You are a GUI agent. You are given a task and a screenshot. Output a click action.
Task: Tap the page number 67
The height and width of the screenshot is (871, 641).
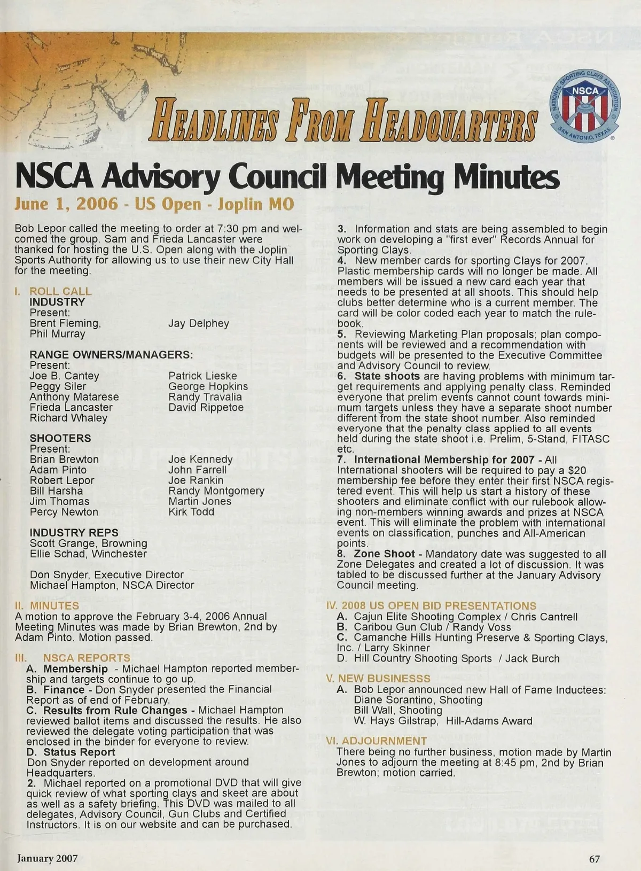tap(595, 859)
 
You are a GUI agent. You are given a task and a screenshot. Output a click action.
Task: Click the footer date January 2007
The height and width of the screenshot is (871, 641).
tap(48, 859)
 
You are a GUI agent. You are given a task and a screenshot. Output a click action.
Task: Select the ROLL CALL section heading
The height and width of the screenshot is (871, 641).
tap(60, 291)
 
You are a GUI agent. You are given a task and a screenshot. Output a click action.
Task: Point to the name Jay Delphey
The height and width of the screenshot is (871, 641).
tap(198, 323)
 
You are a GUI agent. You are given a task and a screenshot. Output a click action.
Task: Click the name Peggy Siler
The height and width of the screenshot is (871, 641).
tap(58, 386)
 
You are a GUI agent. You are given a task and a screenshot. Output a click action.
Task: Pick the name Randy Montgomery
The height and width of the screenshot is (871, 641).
tap(216, 491)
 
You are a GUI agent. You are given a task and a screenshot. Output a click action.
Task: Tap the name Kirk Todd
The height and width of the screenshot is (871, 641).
tap(191, 511)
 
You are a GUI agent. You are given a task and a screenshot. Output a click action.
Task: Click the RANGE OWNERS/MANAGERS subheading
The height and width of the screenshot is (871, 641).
tap(111, 355)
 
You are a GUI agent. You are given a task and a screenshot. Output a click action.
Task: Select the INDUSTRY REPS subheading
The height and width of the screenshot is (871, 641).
tap(74, 533)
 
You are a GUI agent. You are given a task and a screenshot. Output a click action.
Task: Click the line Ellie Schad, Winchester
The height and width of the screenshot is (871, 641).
tap(88, 554)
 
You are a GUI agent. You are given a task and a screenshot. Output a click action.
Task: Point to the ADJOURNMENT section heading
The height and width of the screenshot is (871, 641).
tap(384, 741)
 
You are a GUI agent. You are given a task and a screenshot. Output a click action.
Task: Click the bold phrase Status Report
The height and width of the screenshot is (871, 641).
tap(79, 752)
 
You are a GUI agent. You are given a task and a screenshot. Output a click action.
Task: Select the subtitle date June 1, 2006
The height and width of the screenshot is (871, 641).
tap(66, 204)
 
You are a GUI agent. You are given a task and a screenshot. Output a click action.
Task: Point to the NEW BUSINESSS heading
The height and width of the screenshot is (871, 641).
tap(384, 679)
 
